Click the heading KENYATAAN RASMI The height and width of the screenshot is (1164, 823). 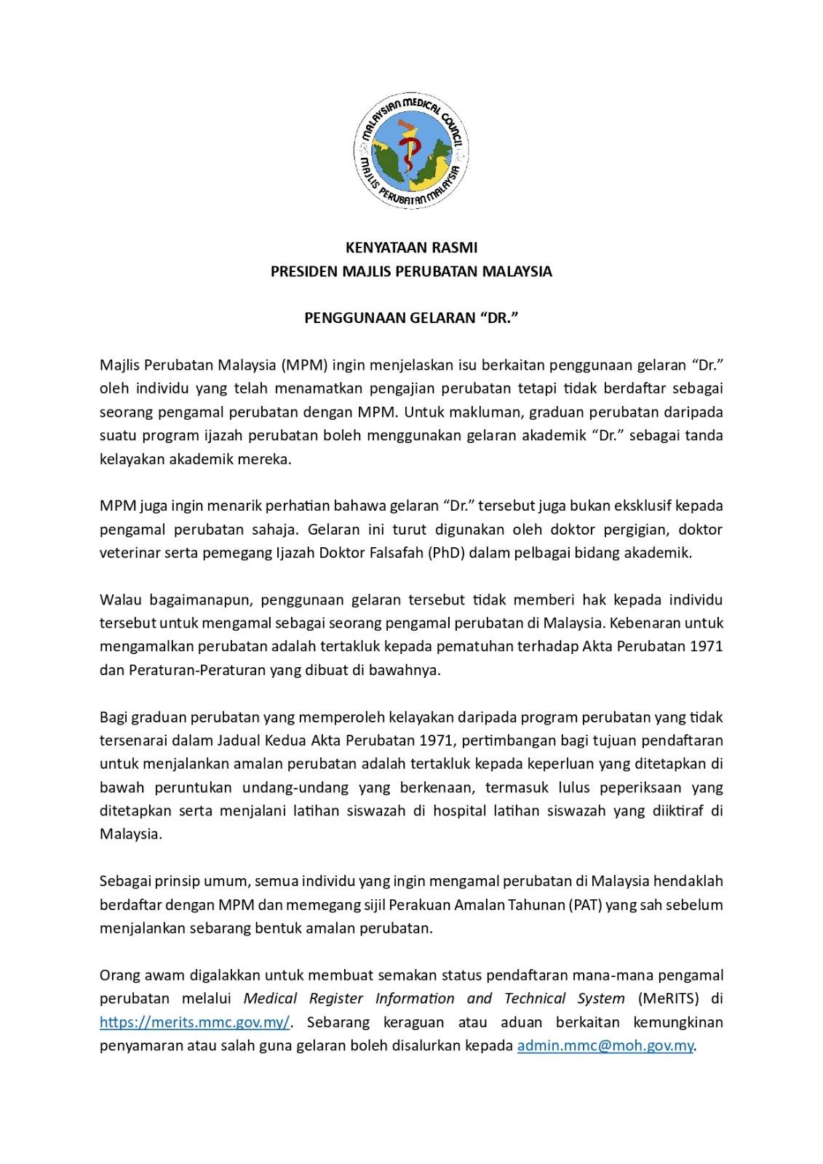pyautogui.click(x=411, y=247)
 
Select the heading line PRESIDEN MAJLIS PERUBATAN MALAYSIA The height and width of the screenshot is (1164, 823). pyautogui.click(x=411, y=271)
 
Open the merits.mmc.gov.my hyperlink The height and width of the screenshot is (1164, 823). pyautogui.click(x=195, y=1022)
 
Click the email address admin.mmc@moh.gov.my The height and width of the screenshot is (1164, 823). pyautogui.click(x=605, y=1046)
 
